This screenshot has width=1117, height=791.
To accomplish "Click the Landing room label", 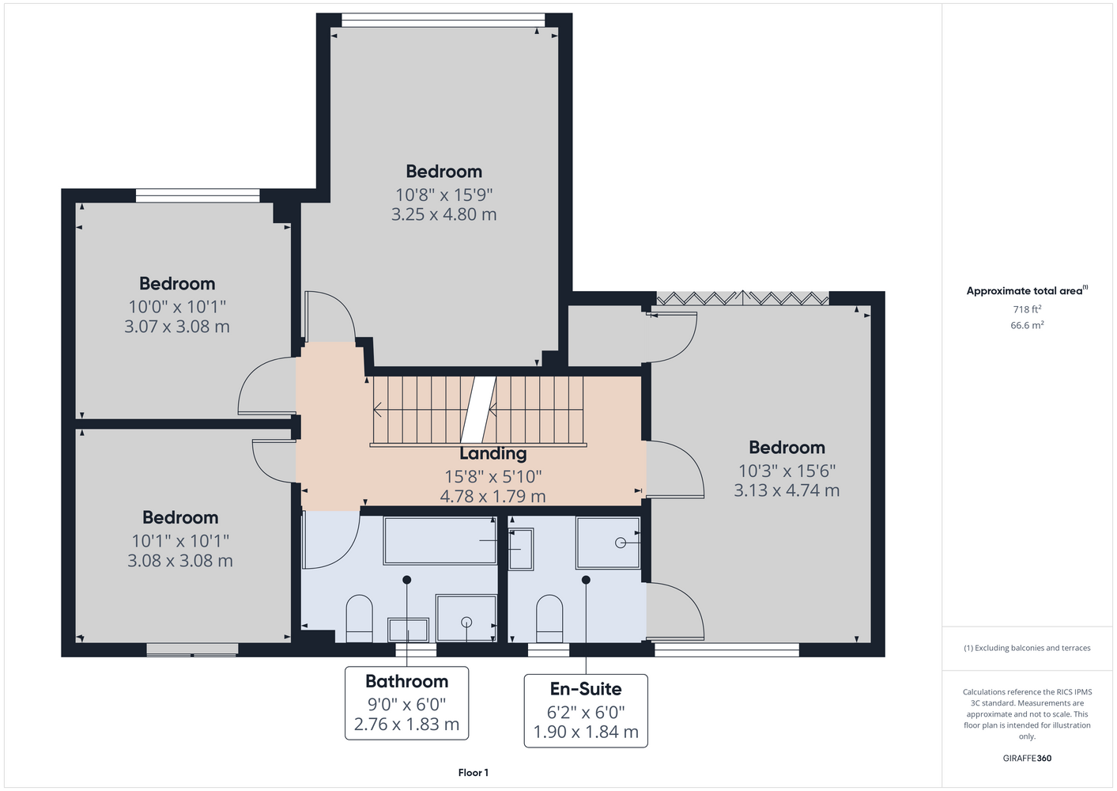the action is (492, 453).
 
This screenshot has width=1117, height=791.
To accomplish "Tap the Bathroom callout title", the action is (406, 681).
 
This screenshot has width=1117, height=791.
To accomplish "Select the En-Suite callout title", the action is (586, 689).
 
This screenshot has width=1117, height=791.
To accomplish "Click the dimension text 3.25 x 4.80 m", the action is (443, 214).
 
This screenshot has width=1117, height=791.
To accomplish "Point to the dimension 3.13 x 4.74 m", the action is (787, 490).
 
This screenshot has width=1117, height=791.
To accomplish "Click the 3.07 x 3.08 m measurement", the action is (177, 327).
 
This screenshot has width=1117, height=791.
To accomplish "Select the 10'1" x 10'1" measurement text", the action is (180, 540).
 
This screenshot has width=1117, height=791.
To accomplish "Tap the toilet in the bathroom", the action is (359, 619).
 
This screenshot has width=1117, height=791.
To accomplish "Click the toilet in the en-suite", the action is (549, 619).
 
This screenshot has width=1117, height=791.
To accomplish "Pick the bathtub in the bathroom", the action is (440, 541).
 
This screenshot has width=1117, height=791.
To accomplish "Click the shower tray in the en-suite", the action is (608, 543).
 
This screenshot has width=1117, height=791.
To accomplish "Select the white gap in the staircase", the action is (478, 410).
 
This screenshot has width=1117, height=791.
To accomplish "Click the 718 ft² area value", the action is (1027, 309).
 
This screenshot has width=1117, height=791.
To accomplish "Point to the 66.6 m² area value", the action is (1027, 325).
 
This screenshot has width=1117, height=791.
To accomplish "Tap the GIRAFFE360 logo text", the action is (1027, 758).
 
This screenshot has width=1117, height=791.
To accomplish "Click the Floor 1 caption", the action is (474, 773).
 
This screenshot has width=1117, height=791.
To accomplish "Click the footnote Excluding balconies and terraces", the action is (1027, 648).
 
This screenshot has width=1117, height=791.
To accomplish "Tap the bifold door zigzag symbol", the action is (742, 298).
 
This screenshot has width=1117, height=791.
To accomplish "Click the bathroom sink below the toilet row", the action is (409, 630).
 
